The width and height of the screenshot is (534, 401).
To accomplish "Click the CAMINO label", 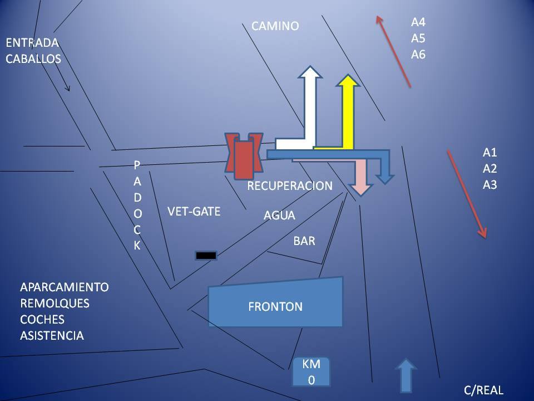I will click(x=275, y=26).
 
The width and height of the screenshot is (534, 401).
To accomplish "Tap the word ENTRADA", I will click(x=32, y=43).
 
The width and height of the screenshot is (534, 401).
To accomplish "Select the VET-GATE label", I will click(x=194, y=211).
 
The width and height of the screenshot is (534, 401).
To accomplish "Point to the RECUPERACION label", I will click(x=289, y=186).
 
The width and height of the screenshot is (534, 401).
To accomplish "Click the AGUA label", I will click(x=279, y=216).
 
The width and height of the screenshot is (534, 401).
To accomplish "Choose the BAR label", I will click(x=304, y=241).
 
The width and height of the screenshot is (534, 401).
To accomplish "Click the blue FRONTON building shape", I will click(x=275, y=304).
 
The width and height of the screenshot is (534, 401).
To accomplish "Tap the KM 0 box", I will click(x=311, y=372).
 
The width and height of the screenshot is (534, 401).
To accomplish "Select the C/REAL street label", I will click(x=483, y=390).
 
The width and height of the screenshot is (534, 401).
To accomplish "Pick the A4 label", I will click(x=418, y=23).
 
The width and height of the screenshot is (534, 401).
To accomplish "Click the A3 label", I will click(x=489, y=185).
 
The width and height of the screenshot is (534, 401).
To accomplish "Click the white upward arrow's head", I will click(x=309, y=74).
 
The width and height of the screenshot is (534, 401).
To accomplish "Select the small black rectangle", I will click(x=206, y=256).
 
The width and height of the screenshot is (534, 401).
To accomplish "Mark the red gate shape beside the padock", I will click(x=244, y=156).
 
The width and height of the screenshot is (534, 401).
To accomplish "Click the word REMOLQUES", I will click(x=55, y=304).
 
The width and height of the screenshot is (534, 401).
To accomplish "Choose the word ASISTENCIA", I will click(x=52, y=336).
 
